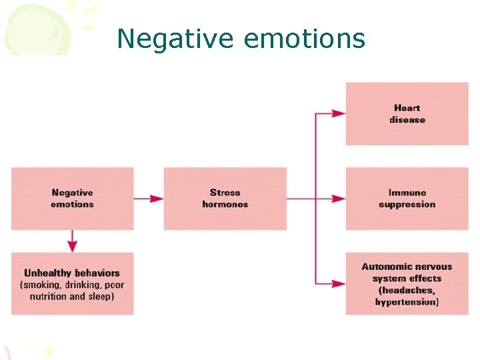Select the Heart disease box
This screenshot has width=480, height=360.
tap(407, 113)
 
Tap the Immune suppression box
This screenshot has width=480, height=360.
tap(407, 199)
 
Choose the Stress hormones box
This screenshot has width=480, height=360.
tap(225, 199)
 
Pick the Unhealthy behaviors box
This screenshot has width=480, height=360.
tap(72, 284)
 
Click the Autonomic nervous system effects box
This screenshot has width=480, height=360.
tap(407, 284)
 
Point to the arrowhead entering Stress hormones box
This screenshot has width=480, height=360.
tap(157, 198)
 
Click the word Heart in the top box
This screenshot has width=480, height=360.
tap(407, 108)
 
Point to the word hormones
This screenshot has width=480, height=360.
tap(225, 204)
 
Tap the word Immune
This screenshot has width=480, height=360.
tap(407, 193)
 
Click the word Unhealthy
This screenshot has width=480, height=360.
tap(48, 273)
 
